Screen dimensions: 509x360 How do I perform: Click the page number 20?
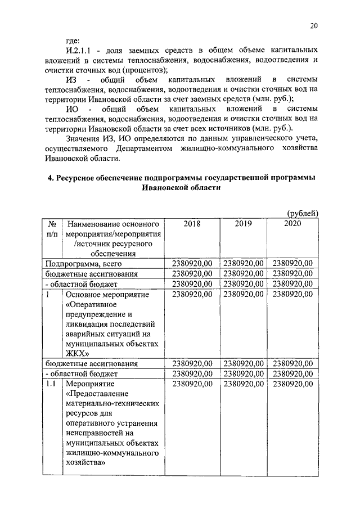314,25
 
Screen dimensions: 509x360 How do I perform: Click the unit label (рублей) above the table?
303,213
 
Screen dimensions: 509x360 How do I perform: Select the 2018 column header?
192,223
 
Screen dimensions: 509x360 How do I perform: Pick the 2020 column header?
292,223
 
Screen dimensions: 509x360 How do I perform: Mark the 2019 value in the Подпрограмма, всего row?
243,263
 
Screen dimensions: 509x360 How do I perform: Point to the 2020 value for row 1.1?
292,384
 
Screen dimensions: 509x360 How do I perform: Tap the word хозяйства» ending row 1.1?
87,462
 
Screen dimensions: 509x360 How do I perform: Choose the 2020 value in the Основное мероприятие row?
292,294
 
